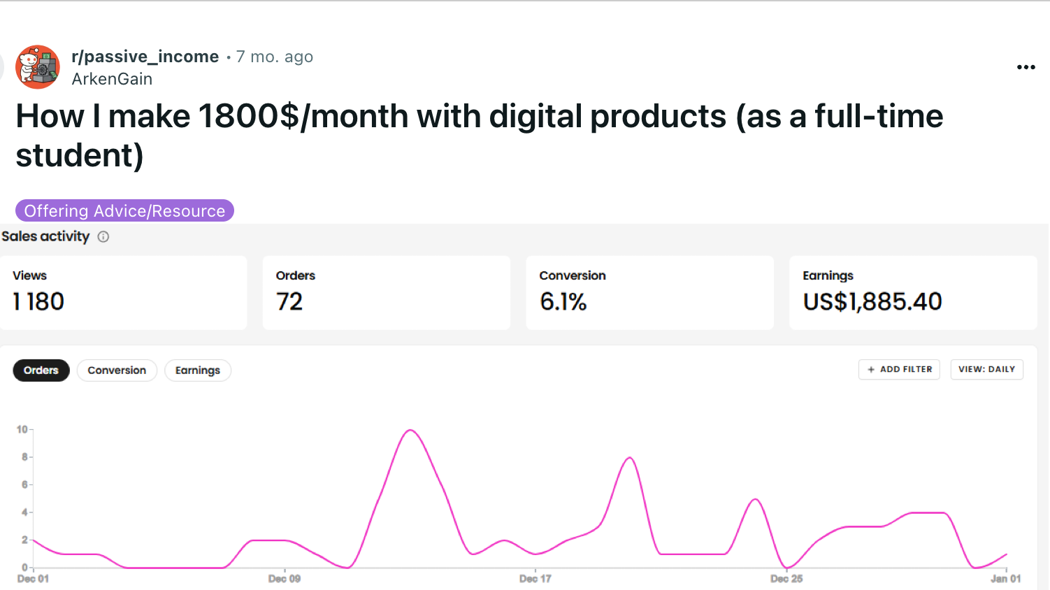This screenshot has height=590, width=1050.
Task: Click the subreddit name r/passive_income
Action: (145, 57)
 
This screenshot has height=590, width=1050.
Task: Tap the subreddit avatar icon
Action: (38, 67)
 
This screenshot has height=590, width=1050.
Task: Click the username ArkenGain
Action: (112, 79)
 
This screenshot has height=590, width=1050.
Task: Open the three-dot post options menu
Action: (1026, 67)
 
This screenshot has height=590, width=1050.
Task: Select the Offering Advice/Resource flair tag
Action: (124, 210)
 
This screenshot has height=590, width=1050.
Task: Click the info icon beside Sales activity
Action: (103, 237)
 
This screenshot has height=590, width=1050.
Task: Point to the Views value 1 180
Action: (38, 301)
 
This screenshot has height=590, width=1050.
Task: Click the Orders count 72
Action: (289, 301)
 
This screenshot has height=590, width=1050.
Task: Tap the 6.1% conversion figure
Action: (563, 301)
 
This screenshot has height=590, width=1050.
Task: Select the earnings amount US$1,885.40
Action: (872, 301)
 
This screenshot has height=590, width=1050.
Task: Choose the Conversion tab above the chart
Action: (117, 370)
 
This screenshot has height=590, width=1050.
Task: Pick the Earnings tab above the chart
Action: (197, 370)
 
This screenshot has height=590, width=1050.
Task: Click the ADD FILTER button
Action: (899, 369)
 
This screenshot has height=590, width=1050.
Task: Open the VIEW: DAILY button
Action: (986, 369)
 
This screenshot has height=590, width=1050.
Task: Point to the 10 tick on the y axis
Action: (22, 429)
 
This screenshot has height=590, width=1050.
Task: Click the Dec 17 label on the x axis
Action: (535, 579)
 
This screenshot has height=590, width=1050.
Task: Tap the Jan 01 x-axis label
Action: (1005, 579)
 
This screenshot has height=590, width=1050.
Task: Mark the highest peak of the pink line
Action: (410, 430)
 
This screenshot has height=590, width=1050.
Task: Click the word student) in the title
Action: (80, 155)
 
